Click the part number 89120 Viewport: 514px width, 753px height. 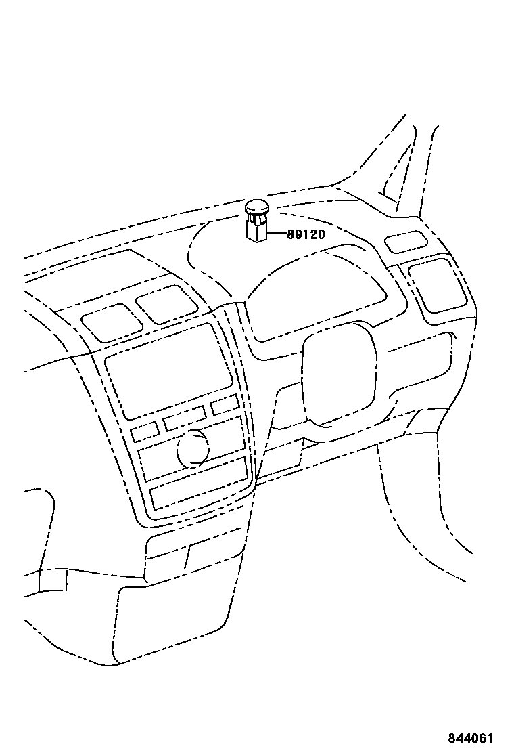306,235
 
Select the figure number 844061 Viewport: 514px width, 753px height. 469,738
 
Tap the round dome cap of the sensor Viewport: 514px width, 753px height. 256,205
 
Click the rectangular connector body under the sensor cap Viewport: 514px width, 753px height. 256,230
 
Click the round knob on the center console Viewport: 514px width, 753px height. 194,448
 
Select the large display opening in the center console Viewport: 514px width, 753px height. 168,372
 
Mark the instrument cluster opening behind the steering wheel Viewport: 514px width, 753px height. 318,291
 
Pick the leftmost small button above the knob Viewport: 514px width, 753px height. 145,431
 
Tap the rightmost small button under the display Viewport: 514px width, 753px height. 224,406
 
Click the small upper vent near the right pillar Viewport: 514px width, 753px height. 405,242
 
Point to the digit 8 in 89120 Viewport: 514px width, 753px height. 291,235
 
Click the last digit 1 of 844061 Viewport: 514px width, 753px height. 489,738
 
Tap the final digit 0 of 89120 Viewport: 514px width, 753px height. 321,235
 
